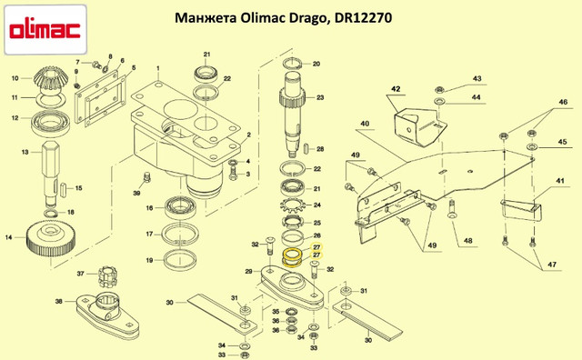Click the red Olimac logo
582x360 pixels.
point(45,31)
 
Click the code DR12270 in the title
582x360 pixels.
point(363,18)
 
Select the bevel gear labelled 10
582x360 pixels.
point(49,79)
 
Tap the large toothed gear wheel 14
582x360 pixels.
point(51,240)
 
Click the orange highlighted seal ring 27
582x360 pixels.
point(292,257)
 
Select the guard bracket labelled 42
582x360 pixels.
point(420,125)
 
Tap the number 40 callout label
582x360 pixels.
point(365,124)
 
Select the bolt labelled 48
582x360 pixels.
point(452,209)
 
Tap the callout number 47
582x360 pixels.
point(552,265)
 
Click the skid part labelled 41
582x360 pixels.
point(521,210)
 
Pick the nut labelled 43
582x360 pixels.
point(439,89)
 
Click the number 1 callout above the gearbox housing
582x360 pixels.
point(157,69)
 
